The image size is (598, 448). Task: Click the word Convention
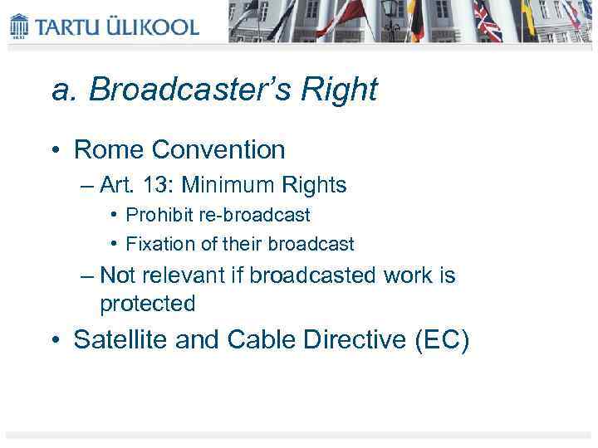point(215,149)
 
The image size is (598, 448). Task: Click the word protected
point(147,304)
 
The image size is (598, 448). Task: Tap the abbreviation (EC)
point(441,340)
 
